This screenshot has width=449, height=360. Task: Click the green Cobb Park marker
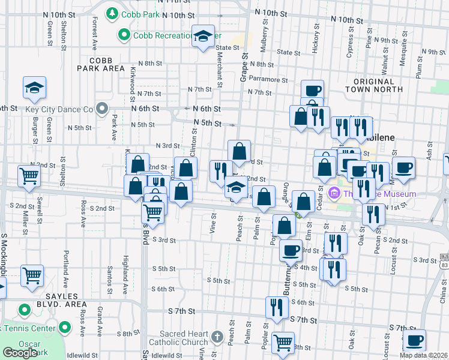click(x=112, y=13)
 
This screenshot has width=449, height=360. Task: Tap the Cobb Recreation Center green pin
click(x=124, y=35)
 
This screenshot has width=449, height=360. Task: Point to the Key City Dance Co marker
click(x=102, y=109)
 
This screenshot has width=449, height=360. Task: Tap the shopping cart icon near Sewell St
click(x=29, y=175)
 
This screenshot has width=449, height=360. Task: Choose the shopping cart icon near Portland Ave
click(x=32, y=275)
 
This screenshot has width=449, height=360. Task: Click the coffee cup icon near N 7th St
click(x=312, y=91)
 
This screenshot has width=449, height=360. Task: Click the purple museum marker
click(x=335, y=194)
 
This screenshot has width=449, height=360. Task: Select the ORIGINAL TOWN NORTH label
click(x=373, y=85)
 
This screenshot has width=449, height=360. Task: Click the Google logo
click(x=20, y=352)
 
